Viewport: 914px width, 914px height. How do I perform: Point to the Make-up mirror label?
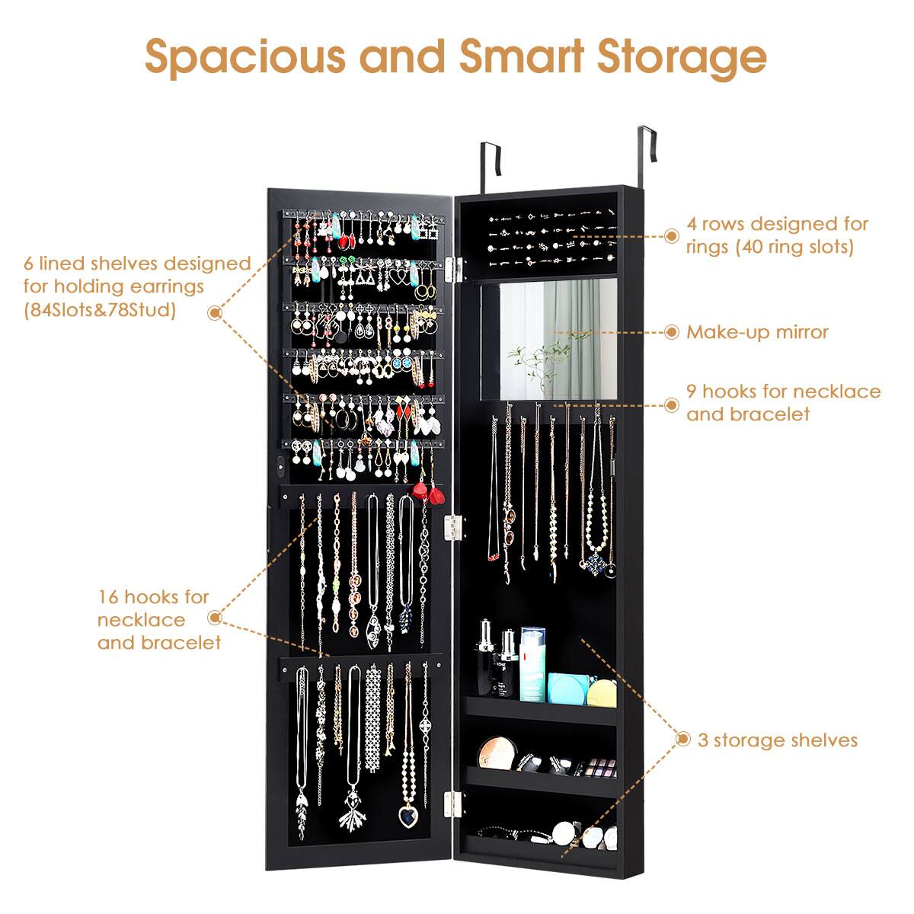pos(756,332)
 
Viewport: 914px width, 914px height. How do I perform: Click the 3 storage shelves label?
pos(777,740)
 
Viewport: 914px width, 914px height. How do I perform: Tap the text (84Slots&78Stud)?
pos(99,310)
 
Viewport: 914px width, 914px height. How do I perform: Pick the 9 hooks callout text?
pos(783,402)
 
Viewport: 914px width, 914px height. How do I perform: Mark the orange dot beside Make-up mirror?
pos(672,332)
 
